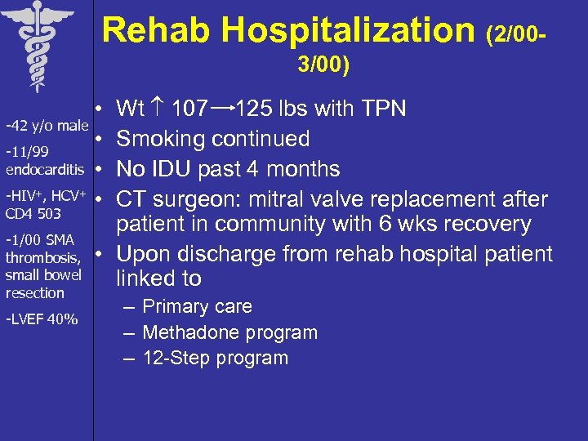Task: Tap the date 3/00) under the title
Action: pos(324,65)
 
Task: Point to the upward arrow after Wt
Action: pos(158,109)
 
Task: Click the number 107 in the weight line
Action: pos(189,109)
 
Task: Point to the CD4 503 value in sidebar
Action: pos(33,213)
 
